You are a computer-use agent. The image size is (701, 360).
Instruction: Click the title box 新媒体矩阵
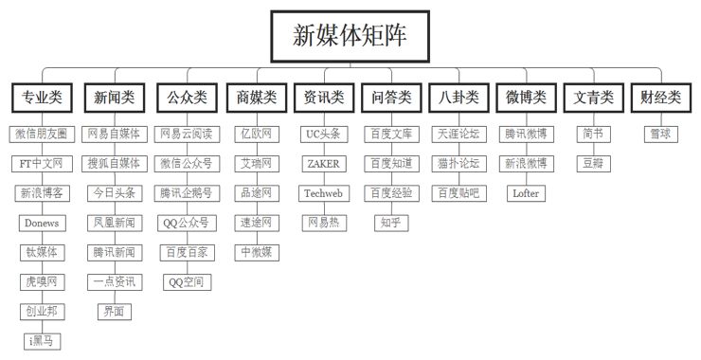point(350,36)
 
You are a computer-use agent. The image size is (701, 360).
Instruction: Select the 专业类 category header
point(41,98)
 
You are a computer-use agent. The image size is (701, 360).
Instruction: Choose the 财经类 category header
point(660,98)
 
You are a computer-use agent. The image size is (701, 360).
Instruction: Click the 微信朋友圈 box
point(41,134)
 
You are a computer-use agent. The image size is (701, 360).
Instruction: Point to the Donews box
point(41,223)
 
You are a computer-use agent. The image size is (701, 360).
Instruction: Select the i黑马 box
point(41,340)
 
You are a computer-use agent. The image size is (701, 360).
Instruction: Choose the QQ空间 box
point(187,281)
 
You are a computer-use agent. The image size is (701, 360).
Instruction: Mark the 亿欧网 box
point(256,134)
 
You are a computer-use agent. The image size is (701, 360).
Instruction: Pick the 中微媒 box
point(256,251)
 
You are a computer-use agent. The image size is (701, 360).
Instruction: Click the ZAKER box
point(323,163)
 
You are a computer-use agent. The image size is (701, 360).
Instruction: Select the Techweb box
point(323,192)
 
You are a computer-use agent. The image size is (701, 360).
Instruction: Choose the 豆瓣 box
point(593,163)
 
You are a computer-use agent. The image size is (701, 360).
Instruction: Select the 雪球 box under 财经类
point(660,134)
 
